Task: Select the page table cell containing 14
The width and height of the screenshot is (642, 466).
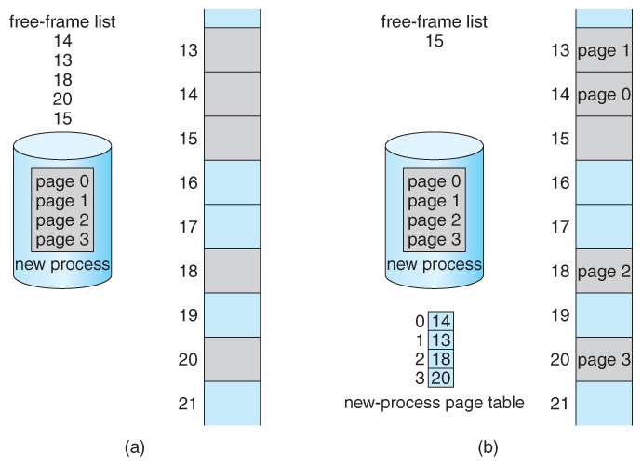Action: (x=442, y=321)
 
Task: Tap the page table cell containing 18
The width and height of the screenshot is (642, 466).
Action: (x=442, y=358)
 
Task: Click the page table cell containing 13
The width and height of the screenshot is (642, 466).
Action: (x=442, y=340)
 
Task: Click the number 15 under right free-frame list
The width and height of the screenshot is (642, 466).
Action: (x=434, y=41)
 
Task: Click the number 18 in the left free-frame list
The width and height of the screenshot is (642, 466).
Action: (x=63, y=80)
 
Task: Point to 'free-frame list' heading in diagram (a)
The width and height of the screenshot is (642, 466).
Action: (x=62, y=21)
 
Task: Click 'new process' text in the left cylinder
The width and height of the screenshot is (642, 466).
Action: (x=63, y=265)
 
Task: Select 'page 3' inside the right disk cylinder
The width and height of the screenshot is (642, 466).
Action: (x=434, y=240)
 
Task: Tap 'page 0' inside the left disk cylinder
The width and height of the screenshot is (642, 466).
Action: (x=63, y=181)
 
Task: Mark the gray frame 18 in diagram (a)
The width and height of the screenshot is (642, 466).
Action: (x=232, y=271)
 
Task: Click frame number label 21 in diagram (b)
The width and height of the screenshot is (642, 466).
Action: (x=558, y=403)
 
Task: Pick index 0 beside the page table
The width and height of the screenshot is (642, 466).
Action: (x=420, y=321)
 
